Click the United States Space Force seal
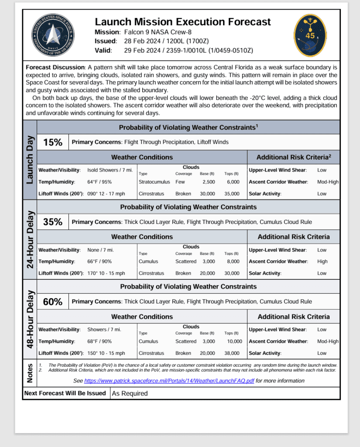coord(52,34)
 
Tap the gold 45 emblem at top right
coord(310,35)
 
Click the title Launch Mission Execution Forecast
coord(183,22)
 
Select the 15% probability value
coord(53,142)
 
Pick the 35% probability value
coord(53,222)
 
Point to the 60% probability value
coord(53,302)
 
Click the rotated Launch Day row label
coord(30,160)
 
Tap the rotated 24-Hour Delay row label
coord(30,240)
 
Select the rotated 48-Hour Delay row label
coord(30,319)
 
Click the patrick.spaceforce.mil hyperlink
coord(169,381)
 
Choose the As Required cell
coord(130,393)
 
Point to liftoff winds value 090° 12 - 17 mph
coord(106,193)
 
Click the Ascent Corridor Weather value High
coord(322,261)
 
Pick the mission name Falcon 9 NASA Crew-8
coord(158,32)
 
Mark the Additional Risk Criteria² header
coord(293,157)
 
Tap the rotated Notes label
coord(30,374)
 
